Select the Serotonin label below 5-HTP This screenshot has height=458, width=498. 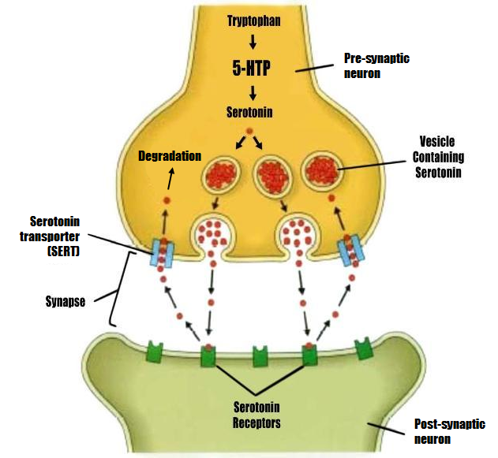pyautogui.click(x=249, y=112)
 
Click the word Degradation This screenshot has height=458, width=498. pyautogui.click(x=169, y=156)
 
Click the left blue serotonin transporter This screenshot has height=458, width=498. pyautogui.click(x=162, y=253)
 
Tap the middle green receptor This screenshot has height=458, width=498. pyautogui.click(x=260, y=356)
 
